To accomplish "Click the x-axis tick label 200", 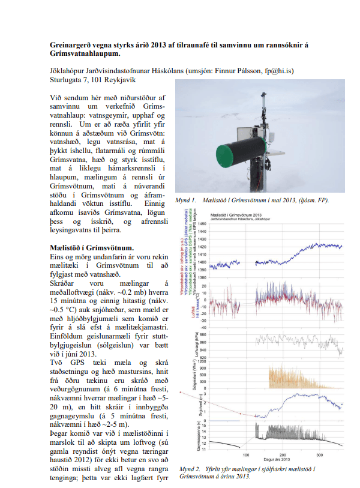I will pyautogui.click(x=283, y=454).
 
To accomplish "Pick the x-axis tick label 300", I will pyautogui.click(x=320, y=454).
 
